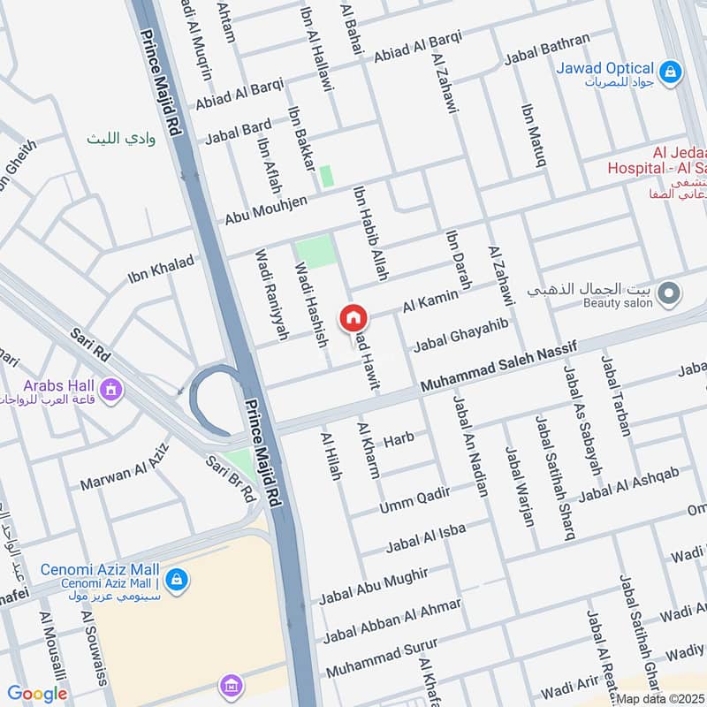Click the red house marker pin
click(353, 317)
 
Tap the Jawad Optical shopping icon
click(671, 70)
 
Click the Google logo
click(37, 694)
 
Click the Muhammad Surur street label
click(382, 659)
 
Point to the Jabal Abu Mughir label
click(374, 584)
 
